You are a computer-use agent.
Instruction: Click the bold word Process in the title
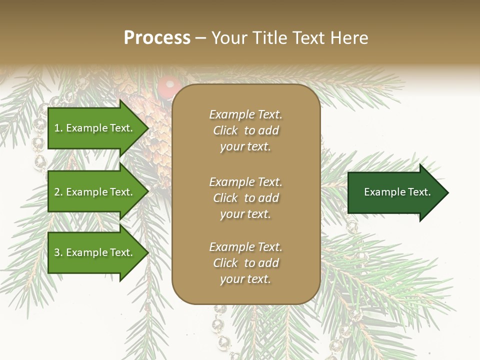pyautogui.click(x=157, y=38)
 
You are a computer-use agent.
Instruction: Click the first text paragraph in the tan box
pyautogui.click(x=245, y=130)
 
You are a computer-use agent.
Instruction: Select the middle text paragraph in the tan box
pyautogui.click(x=245, y=198)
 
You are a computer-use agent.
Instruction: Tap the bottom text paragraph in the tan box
pyautogui.click(x=245, y=263)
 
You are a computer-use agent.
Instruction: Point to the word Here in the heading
pyautogui.click(x=349, y=38)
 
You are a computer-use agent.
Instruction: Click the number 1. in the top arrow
pyautogui.click(x=58, y=128)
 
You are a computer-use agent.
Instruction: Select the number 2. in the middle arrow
pyautogui.click(x=58, y=192)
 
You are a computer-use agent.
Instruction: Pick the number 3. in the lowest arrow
pyautogui.click(x=58, y=252)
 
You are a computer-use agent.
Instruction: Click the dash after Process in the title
pyautogui.click(x=201, y=38)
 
